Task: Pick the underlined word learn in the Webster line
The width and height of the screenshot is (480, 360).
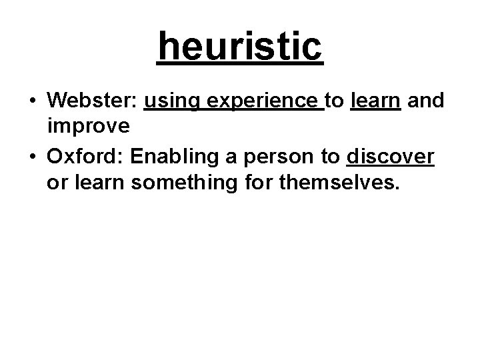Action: pyautogui.click(x=375, y=101)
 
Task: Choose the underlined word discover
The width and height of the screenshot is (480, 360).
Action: pyautogui.click(x=391, y=157)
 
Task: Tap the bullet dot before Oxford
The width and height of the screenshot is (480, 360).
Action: pyautogui.click(x=32, y=158)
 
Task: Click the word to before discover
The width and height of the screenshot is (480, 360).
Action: pyautogui.click(x=329, y=157)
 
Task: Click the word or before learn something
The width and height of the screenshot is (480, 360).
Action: pyautogui.click(x=57, y=182)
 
